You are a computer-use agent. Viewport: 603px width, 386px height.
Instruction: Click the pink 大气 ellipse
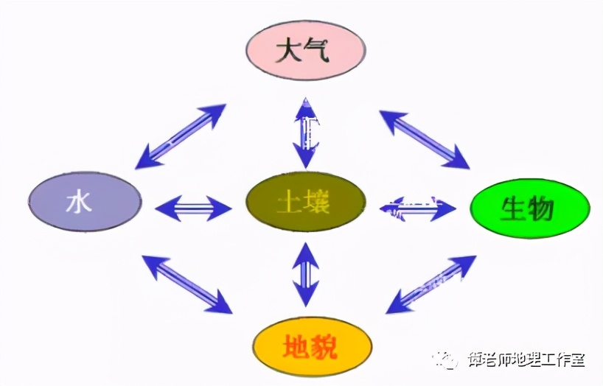tap(304, 50)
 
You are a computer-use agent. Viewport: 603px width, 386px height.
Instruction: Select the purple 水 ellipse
tap(84, 202)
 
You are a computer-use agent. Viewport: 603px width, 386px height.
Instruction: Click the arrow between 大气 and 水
tap(181, 136)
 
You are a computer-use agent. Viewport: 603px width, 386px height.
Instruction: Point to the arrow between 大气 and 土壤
tap(304, 133)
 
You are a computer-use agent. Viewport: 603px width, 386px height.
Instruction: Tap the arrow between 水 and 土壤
tap(193, 208)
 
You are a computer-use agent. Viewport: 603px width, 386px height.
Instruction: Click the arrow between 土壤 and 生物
tap(417, 208)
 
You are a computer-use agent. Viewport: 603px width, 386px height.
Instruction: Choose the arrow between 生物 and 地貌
tap(431, 285)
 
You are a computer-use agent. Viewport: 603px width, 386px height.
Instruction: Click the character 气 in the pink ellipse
tap(320, 51)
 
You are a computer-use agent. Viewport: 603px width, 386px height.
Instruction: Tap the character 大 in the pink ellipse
tap(289, 51)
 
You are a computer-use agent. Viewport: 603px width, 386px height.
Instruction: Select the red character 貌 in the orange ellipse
tap(322, 347)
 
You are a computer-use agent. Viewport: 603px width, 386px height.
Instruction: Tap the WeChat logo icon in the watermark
tap(447, 359)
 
